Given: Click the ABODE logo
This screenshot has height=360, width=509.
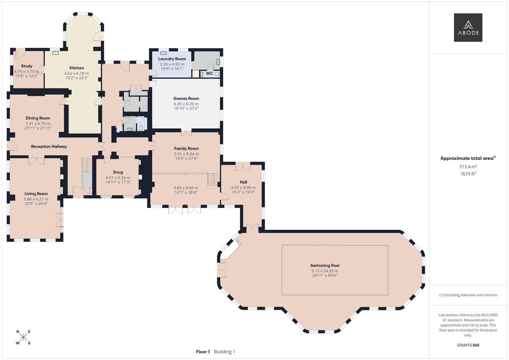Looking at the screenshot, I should pos(468,28).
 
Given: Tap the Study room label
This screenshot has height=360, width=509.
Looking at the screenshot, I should pos(27,66).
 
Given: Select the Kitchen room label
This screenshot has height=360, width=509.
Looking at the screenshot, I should pos(77,68).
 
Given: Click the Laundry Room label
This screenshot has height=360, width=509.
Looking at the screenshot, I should pos(172,59).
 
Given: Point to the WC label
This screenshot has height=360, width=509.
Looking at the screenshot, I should pos(209,73).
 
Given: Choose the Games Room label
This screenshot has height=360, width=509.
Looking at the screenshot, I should pos(186,99).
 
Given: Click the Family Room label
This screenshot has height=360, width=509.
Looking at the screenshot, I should pos(186,149).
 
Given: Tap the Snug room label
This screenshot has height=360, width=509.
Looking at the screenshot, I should pos(118,172).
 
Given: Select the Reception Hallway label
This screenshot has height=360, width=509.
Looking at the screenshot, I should pos(49,147).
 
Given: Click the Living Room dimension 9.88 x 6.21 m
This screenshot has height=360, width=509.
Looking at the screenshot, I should pos(36,199).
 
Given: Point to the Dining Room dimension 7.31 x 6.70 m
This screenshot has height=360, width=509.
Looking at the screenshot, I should pos(38,124).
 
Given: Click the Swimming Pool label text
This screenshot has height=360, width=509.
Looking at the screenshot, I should pos(325,266).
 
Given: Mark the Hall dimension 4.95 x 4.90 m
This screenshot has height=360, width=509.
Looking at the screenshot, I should pos(243,188).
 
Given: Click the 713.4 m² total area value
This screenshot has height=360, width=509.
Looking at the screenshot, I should pos(468,167).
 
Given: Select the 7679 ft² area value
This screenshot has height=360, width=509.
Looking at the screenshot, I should pos(468,174).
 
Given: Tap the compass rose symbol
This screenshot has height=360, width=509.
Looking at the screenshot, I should pos(23,337).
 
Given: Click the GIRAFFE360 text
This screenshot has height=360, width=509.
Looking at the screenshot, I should pos(468,345).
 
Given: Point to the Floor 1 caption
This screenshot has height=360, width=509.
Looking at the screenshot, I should pos(203,352).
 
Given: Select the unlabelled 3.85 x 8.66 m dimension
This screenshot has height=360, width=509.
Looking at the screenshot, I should pos(186,188).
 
